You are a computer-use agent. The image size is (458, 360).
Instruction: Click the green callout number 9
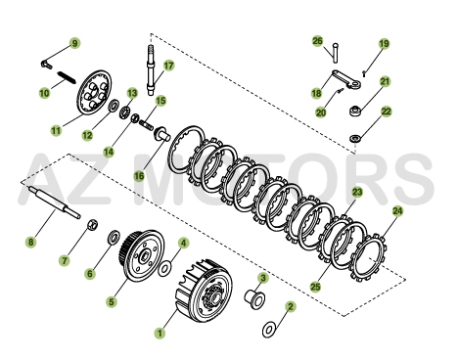click(x=75, y=44)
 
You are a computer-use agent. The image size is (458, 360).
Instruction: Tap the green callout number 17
click(x=168, y=66)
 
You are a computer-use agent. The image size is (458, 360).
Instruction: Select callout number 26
click(x=317, y=41)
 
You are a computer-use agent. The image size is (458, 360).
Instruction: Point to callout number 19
click(x=384, y=44)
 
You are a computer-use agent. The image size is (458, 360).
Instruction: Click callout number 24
click(x=397, y=210)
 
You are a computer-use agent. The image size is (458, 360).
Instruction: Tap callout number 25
click(x=314, y=287)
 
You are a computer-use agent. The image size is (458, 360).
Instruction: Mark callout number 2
click(x=291, y=307)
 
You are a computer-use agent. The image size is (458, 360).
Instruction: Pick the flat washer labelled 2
click(x=268, y=329)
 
